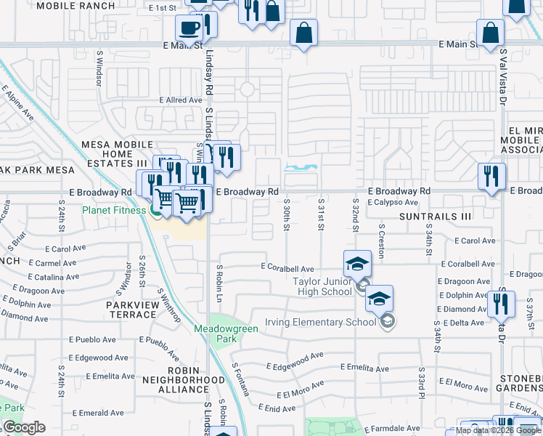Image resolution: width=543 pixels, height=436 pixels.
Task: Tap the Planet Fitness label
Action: pos(115,211)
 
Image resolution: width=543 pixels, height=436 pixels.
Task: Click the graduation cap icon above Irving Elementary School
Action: pos(379,298)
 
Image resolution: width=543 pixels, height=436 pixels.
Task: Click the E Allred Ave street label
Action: pos(181,100)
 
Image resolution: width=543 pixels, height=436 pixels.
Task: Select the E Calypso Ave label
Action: pos(393,203)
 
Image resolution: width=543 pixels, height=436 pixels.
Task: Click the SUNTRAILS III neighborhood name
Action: pos(436,217)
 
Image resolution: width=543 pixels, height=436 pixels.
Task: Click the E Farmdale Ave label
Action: pos(392,429)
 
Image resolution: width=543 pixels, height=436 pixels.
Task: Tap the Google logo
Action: pos(24,427)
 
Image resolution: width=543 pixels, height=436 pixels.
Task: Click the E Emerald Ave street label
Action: pos(93,413)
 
